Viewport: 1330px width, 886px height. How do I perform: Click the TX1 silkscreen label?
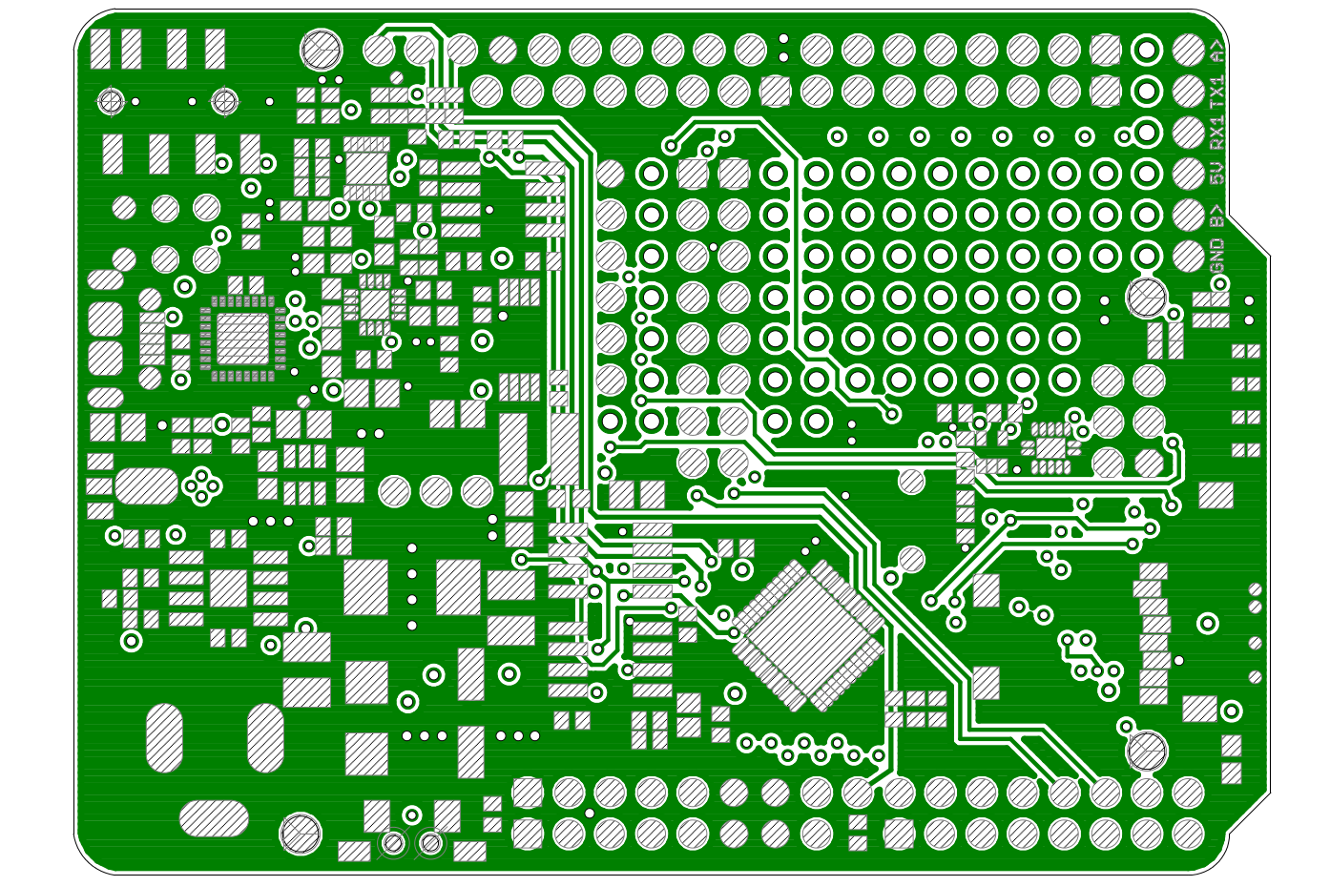click(x=1217, y=92)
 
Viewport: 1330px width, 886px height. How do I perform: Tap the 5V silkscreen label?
click(x=1217, y=172)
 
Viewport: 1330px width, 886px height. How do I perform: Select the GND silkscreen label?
click(x=1217, y=256)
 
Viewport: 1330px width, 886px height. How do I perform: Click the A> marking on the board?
click(x=1217, y=52)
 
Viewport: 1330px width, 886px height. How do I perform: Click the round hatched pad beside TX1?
click(x=1189, y=92)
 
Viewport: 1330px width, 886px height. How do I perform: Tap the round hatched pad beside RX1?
click(x=1189, y=133)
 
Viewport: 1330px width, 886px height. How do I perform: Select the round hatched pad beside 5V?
click(x=1189, y=174)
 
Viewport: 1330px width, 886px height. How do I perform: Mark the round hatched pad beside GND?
click(x=1189, y=257)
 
